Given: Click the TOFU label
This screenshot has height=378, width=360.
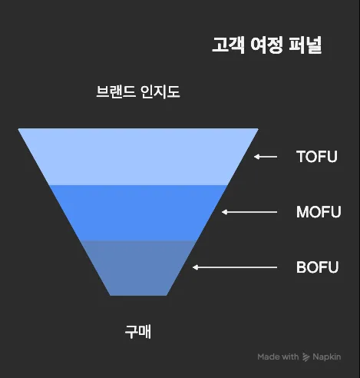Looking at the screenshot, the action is (317, 157).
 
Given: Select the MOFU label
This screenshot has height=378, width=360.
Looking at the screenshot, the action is (319, 212).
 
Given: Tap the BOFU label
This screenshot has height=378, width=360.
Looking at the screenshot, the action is (317, 267).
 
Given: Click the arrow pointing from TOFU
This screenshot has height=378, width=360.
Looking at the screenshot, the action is (266, 157).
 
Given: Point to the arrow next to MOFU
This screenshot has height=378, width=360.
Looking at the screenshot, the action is (249, 212).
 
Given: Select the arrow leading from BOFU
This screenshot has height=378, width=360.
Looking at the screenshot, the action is (235, 267).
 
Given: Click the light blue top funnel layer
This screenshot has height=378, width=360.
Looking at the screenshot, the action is (138, 157).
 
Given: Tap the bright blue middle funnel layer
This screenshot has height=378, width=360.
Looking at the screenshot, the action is (138, 213).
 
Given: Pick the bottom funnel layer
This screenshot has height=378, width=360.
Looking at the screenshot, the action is (138, 268).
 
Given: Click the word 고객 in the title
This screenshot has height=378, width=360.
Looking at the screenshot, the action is (228, 45).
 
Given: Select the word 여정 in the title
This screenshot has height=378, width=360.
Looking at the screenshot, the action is (266, 45).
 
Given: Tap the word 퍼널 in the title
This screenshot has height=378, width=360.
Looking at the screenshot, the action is (306, 45).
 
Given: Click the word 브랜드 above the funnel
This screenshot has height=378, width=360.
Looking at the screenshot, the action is (116, 91).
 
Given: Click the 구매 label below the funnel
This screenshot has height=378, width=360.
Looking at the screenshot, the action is (138, 332).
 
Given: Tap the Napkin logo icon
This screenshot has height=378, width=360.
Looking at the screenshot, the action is (306, 356).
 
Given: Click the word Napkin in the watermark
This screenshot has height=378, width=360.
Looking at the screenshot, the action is (327, 357).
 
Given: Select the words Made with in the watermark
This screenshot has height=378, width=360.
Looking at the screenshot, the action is (278, 356).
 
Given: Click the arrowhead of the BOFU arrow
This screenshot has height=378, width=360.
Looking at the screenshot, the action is (195, 267).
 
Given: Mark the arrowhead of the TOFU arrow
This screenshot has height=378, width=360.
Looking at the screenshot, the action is (256, 157).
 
